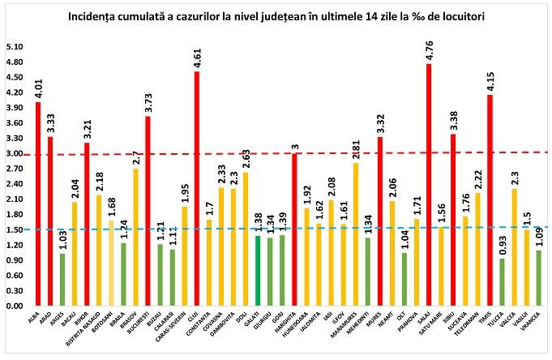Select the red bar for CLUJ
[x=196, y=189]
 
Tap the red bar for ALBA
[x=38, y=204]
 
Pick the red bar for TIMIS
[x=490, y=200]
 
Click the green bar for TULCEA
[x=503, y=282]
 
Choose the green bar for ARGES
[x=62, y=280]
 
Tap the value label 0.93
[x=503, y=242]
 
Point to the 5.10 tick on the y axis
[x=14, y=46]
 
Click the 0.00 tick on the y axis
[x=14, y=306]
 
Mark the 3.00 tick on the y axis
[x=14, y=153]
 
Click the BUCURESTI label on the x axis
[x=143, y=326]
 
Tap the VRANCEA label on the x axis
[x=533, y=324]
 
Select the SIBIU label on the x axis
[x=450, y=319]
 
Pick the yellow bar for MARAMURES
[x=355, y=234]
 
